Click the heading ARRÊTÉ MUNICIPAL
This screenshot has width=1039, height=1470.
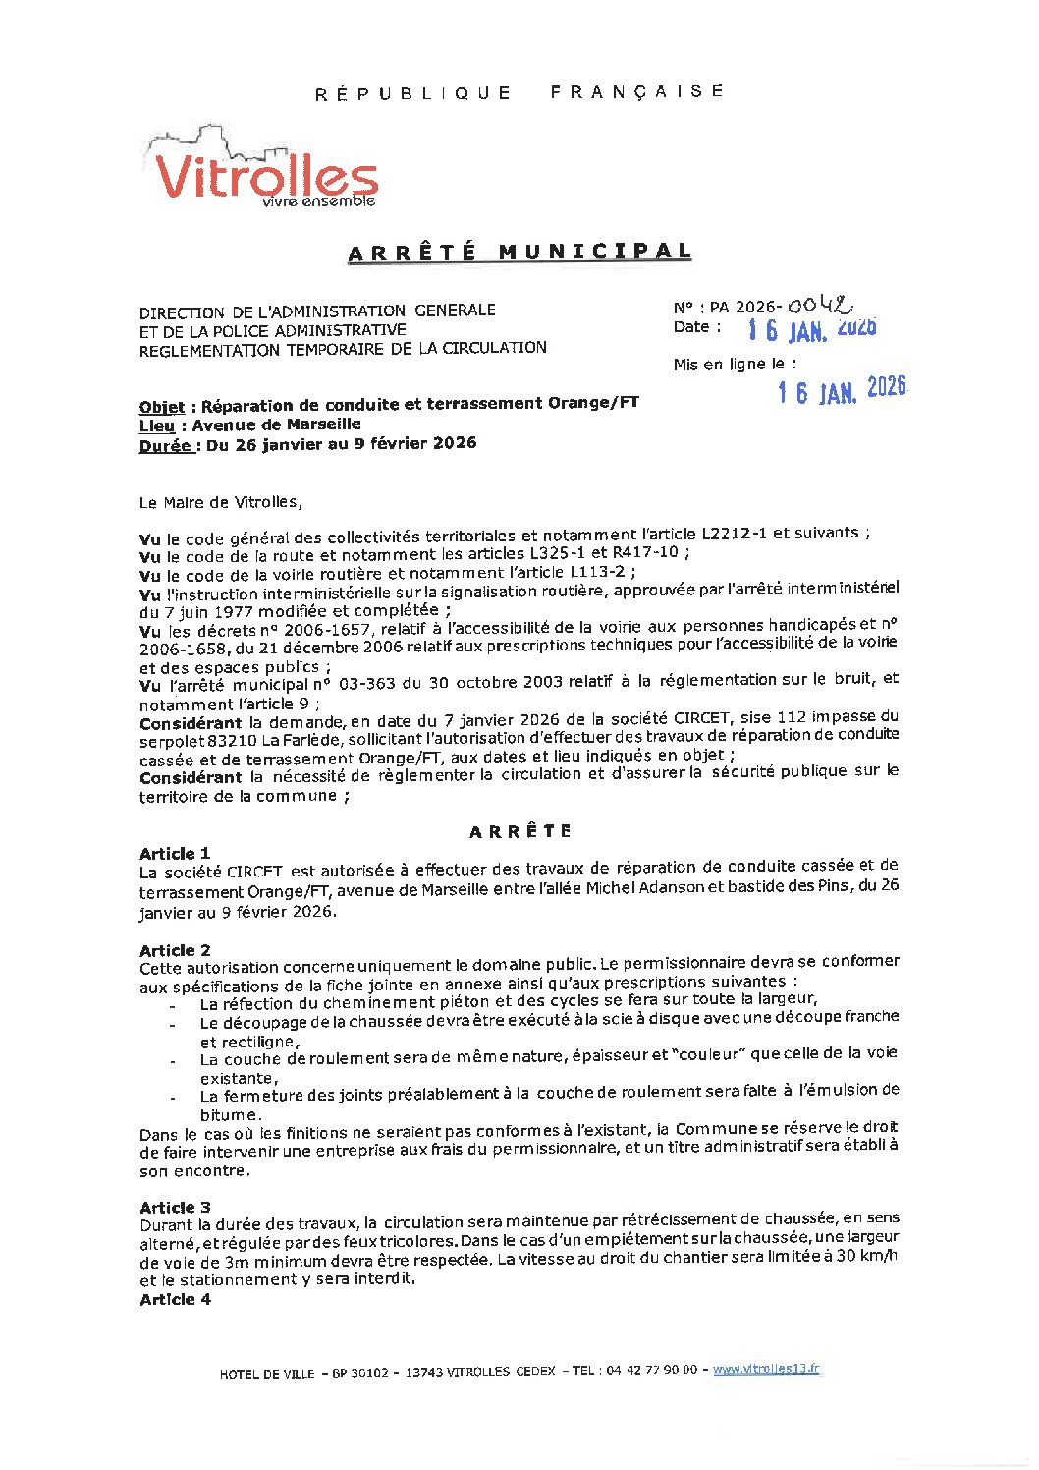tap(519, 253)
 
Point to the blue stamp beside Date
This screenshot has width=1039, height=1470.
tap(811, 329)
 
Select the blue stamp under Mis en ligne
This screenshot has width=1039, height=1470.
tap(842, 390)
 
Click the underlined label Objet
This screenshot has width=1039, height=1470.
tap(161, 407)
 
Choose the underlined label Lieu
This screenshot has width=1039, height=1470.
tap(156, 425)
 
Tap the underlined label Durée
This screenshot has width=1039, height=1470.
tap(165, 445)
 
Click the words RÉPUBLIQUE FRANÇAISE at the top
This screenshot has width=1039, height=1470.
tap(519, 92)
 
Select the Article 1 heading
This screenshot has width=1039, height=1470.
tap(175, 853)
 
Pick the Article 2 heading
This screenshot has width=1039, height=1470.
tap(175, 950)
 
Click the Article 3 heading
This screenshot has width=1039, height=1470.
tap(175, 1207)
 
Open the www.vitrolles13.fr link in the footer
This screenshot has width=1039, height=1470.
tap(766, 1369)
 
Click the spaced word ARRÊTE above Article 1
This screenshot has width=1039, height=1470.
tap(519, 831)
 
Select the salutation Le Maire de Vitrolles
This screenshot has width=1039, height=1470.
tap(220, 503)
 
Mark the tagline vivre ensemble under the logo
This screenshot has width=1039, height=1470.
tap(318, 201)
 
